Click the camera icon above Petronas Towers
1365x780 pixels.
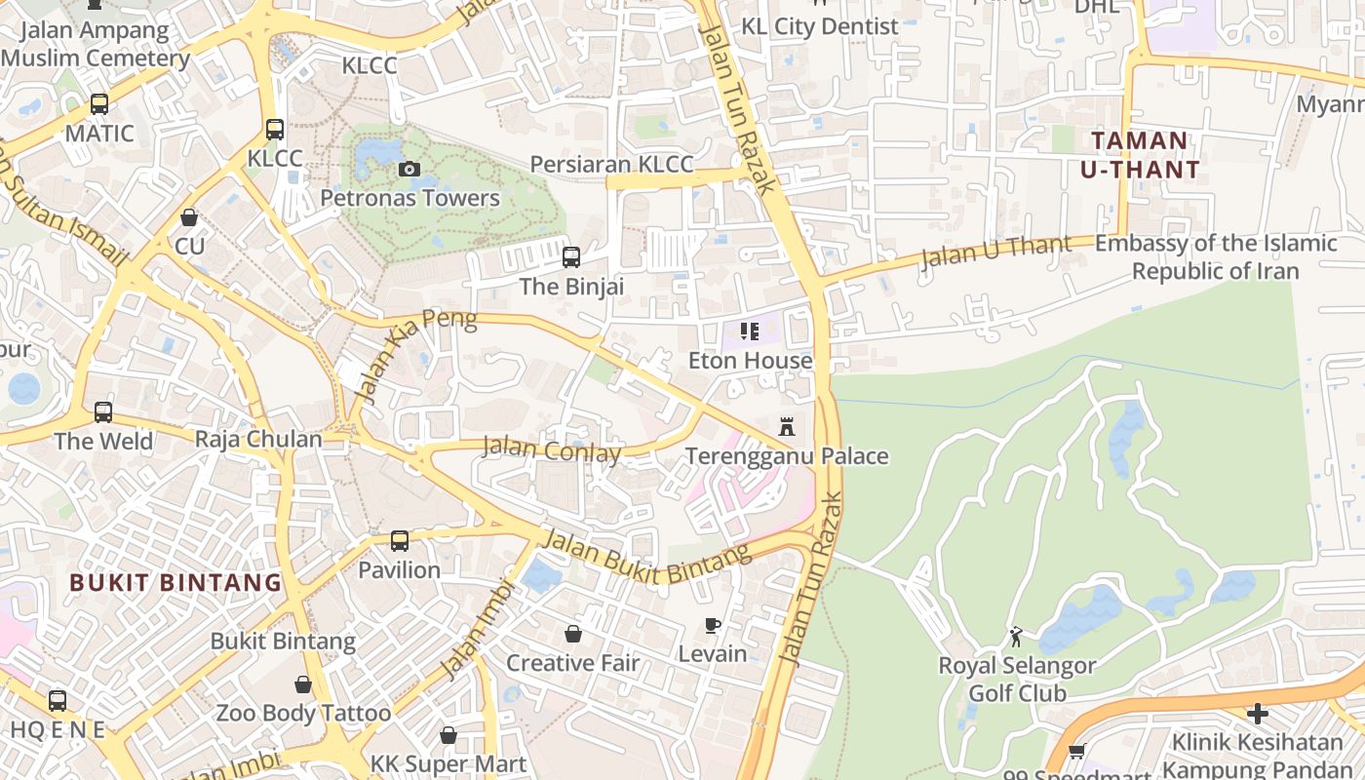(409, 170)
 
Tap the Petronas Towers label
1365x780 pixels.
(409, 198)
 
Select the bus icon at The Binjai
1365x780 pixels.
(571, 257)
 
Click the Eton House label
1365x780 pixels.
(750, 361)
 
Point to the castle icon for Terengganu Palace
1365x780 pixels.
(787, 427)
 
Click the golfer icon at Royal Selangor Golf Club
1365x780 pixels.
(1017, 638)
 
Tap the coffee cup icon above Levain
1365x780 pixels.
(713, 625)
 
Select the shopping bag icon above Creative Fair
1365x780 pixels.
(573, 635)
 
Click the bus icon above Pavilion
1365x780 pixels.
(400, 541)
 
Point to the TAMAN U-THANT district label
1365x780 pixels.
(1140, 155)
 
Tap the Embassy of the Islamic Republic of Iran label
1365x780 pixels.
(1215, 257)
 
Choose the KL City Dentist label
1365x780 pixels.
(819, 26)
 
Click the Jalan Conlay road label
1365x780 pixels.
(552, 451)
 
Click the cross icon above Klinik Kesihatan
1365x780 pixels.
(1258, 714)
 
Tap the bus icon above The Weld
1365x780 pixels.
(103, 412)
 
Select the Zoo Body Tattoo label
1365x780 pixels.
(303, 714)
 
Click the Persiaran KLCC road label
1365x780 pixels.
(611, 164)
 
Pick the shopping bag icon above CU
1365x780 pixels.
(189, 217)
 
